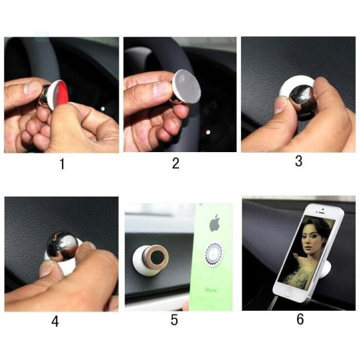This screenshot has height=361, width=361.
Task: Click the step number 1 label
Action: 62,164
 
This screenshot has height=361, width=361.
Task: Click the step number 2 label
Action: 175,163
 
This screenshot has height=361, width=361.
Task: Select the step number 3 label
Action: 298,161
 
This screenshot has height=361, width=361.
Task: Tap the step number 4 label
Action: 55,321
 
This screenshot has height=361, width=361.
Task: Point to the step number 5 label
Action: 174,320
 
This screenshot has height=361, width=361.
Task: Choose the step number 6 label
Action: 300,319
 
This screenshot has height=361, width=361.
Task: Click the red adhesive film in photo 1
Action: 61,95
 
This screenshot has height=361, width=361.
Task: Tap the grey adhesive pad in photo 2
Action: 188,86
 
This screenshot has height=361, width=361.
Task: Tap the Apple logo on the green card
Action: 215,223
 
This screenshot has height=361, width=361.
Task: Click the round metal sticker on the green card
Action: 213,254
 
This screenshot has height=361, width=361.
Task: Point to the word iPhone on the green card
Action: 211,290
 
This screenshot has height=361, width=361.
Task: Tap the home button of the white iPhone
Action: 288,292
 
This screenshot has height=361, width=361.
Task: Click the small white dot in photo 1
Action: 103,109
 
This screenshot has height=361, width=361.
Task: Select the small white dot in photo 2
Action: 208,132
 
